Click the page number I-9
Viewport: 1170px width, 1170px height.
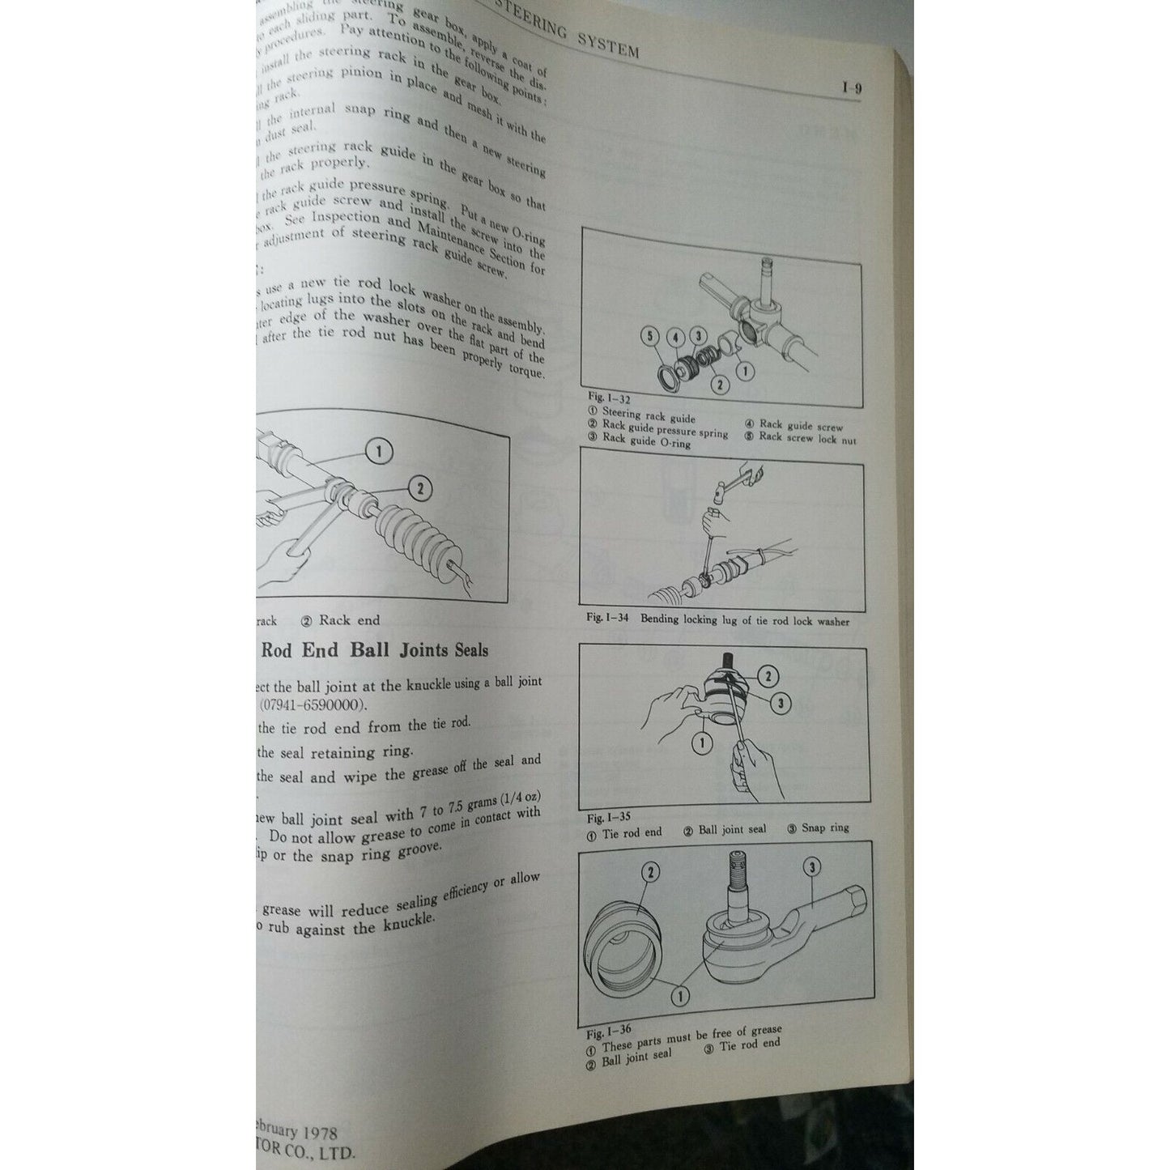coord(851,89)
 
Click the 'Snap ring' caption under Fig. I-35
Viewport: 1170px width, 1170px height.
coord(825,828)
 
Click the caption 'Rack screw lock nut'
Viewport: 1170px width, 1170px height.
coord(806,438)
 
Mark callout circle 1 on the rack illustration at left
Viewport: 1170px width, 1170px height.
coord(380,452)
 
